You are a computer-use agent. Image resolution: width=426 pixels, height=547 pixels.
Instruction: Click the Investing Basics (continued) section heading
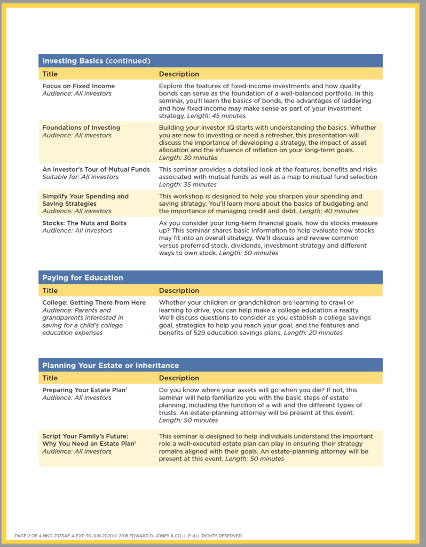(x=96, y=61)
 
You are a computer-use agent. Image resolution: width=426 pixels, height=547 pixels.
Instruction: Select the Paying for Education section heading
(x=83, y=278)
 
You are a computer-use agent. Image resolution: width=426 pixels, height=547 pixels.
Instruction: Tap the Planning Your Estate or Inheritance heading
(x=111, y=365)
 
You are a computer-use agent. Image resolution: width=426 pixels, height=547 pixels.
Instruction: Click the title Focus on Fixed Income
(x=78, y=86)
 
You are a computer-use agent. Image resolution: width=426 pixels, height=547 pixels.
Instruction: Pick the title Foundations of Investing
(x=81, y=128)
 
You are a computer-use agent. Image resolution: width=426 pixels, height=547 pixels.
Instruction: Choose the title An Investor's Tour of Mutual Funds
(x=96, y=169)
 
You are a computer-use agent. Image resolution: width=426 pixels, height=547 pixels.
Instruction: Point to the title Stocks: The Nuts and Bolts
(x=84, y=223)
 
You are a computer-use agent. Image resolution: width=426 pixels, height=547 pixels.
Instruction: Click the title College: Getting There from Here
(x=94, y=302)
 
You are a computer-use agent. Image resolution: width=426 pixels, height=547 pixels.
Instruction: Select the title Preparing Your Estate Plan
(x=84, y=390)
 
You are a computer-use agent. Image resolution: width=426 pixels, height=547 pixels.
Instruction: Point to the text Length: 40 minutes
(x=329, y=211)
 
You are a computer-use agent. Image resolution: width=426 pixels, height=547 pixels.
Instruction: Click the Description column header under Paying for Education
(x=179, y=291)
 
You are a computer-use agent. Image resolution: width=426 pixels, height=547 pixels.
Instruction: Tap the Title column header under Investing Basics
(x=50, y=74)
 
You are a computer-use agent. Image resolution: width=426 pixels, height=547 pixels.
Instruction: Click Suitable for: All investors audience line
(x=81, y=177)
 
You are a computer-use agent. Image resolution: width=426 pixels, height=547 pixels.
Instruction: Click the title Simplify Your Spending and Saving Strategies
(x=85, y=200)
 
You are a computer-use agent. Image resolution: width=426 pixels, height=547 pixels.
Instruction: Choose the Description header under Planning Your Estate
(x=179, y=378)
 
